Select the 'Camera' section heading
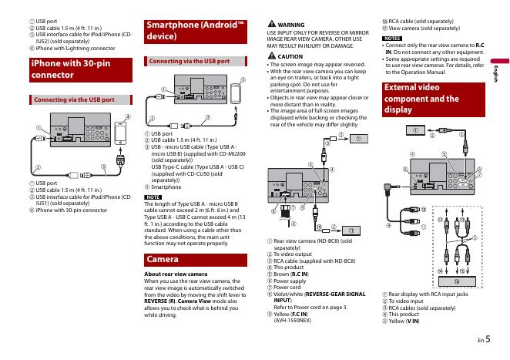pos(163,259)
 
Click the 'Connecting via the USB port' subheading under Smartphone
pos(190,60)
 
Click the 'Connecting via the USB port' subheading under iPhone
pos(73,99)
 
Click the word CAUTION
pos(290,56)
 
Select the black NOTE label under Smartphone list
pos(153,197)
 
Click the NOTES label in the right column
pos(392,38)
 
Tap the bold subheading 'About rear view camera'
pos(176,274)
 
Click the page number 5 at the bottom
pos(489,337)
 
